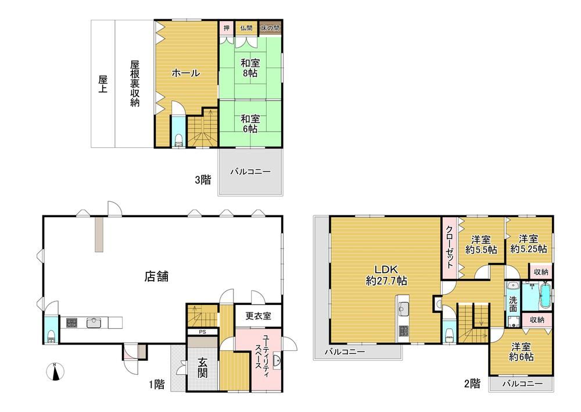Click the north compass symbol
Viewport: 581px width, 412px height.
pos(56,371)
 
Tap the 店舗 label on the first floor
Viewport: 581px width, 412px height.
pos(156,276)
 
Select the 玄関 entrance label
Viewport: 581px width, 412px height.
pos(202,367)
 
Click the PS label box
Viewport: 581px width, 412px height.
pos(202,332)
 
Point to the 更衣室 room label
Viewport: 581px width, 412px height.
pos(259,316)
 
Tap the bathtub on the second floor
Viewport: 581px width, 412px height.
pos(545,296)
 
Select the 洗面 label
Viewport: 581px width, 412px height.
pos(513,304)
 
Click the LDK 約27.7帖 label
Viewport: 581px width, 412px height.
pos(386,275)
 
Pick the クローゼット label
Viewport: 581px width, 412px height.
pos(450,247)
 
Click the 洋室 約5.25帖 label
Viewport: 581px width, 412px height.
pos(528,243)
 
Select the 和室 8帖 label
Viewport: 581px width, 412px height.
pos(250,68)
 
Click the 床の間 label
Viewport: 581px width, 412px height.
pos(270,28)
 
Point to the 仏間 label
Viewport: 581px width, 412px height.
pos(246,28)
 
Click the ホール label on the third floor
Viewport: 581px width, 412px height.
pos(186,73)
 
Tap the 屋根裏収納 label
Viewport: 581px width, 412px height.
pos(135,83)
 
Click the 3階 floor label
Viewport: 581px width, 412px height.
pos(203,180)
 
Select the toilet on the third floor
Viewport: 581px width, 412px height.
pos(178,140)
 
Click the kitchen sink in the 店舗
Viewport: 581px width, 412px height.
pos(94,322)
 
